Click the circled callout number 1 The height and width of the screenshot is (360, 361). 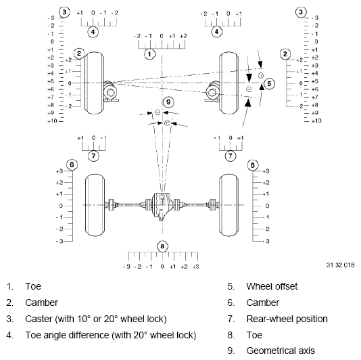click(150, 52)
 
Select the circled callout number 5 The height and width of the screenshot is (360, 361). click(269, 83)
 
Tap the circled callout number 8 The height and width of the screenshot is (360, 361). click(162, 246)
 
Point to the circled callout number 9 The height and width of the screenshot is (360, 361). click(168, 102)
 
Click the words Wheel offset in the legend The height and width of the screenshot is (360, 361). click(272, 286)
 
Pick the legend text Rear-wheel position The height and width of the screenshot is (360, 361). click(287, 319)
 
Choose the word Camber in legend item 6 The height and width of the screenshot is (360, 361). click(262, 302)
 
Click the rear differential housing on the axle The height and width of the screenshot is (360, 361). click(162, 205)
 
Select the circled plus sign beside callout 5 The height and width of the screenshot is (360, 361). click(260, 75)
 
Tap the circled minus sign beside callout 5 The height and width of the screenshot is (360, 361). click(249, 89)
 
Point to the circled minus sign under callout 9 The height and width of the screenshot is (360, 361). click(158, 112)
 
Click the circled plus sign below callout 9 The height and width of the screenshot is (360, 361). click(167, 122)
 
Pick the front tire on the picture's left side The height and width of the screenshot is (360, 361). click(94, 83)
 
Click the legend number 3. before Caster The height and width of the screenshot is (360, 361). click(10, 319)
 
